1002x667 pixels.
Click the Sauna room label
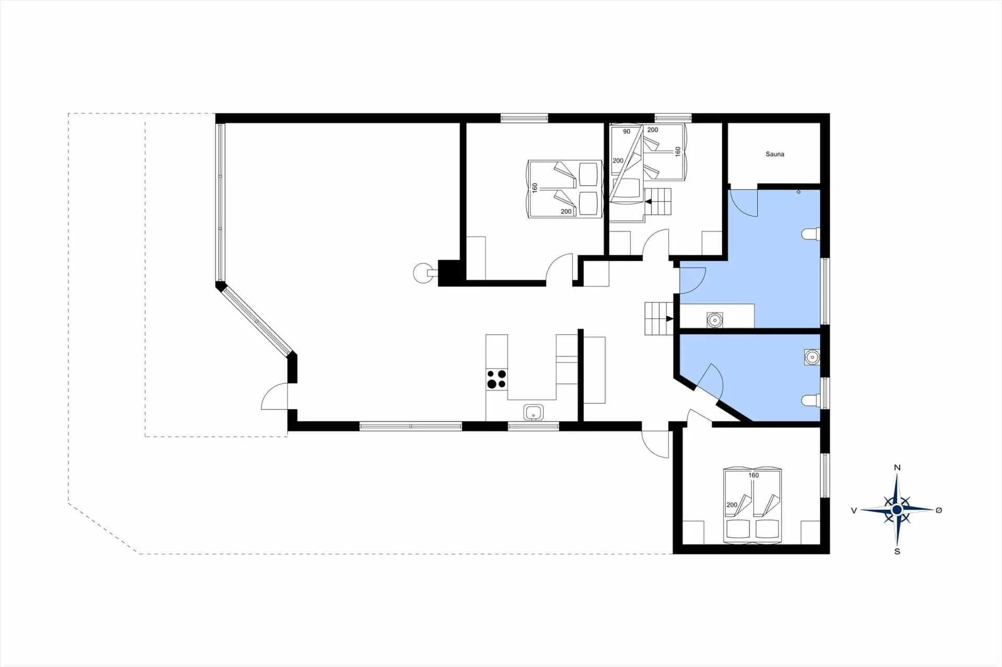coord(774,154)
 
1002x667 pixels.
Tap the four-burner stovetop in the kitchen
coord(496,379)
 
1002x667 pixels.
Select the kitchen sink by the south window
coord(533,413)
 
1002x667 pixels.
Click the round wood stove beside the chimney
coord(423,273)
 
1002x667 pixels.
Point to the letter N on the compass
coord(897,467)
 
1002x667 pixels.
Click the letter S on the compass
coord(897,551)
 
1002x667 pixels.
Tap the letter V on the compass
coord(854,511)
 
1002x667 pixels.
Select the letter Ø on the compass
coord(939,510)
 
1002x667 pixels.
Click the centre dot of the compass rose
coord(897,510)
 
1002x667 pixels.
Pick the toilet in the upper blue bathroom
coord(812,234)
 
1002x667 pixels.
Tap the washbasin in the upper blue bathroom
coord(714,320)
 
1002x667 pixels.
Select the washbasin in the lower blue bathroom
coord(812,357)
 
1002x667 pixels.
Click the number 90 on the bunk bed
coord(627,131)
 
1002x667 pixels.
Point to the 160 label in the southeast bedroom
coord(754,475)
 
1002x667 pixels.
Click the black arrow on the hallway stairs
coord(670,319)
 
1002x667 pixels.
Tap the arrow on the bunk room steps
coord(649,201)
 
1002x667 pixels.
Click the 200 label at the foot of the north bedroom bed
coord(566,211)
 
